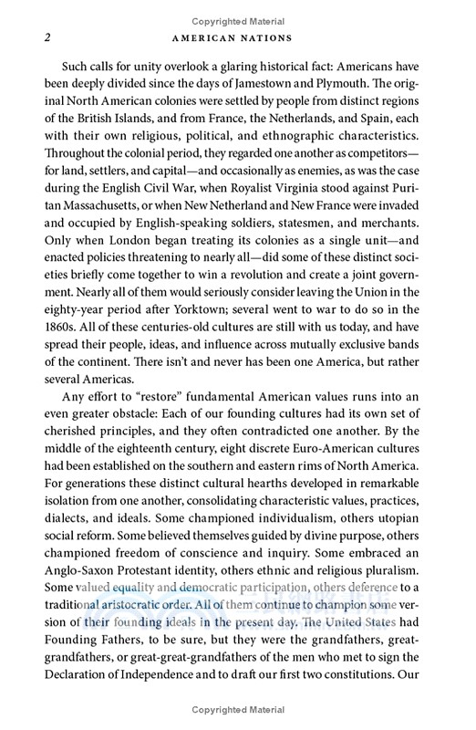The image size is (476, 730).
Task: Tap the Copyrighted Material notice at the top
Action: [x=237, y=10]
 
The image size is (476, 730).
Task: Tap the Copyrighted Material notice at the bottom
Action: [x=237, y=719]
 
